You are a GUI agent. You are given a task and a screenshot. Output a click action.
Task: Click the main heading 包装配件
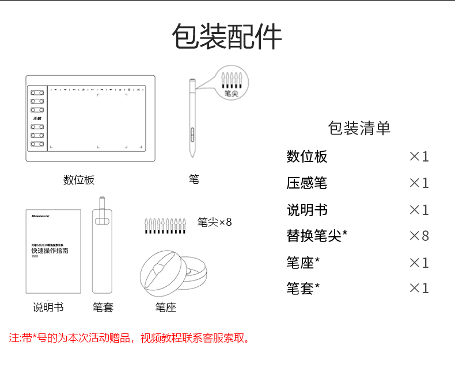(227, 37)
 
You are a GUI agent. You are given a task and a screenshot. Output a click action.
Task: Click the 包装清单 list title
(359, 128)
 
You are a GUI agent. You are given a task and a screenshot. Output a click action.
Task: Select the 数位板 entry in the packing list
(306, 156)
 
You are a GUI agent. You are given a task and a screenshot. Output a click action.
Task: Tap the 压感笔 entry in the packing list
(306, 183)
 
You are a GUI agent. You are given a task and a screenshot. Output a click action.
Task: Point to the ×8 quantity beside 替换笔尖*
(419, 236)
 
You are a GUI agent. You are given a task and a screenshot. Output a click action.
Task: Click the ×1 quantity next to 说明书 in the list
(419, 210)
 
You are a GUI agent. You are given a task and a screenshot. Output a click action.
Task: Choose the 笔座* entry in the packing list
(303, 263)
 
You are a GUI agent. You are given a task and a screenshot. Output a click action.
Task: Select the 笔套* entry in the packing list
(303, 289)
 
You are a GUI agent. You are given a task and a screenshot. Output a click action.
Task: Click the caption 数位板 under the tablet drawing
(79, 180)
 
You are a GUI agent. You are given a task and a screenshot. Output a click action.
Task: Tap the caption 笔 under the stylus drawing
(194, 179)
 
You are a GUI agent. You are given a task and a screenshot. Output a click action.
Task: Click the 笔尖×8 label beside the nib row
(214, 222)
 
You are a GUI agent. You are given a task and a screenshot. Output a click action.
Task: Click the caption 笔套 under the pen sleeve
(103, 308)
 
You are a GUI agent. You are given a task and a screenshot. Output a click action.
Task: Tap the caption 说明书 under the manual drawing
(48, 308)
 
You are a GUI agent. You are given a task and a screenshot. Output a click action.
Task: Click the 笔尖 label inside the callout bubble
(232, 93)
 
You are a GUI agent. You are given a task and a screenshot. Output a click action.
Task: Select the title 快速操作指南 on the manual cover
(50, 251)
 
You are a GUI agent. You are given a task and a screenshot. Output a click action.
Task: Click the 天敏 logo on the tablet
(37, 118)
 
